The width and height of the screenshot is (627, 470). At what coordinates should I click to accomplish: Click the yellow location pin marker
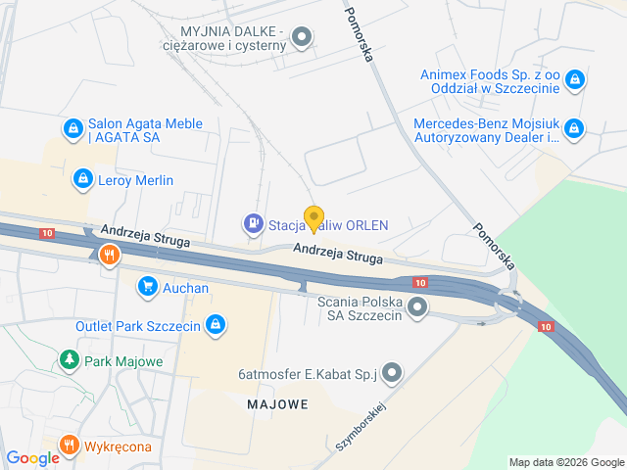[x=313, y=218]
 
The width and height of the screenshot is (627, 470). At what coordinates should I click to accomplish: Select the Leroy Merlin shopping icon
[x=82, y=179]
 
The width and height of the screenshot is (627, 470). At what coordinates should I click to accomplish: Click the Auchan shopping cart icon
[x=147, y=287]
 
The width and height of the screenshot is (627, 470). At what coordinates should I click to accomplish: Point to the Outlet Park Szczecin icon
[x=217, y=325]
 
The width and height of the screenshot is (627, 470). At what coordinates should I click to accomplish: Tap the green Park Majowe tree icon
[x=69, y=360]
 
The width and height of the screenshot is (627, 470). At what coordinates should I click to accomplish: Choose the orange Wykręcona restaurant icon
[x=69, y=446]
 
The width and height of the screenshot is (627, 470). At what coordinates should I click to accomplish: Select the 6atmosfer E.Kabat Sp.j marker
[x=393, y=372]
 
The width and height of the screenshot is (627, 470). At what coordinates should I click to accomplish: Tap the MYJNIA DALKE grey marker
[x=303, y=38]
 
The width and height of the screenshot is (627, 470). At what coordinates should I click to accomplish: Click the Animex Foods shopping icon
[x=574, y=79]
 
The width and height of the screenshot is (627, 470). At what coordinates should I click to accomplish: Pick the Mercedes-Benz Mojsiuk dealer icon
[x=574, y=128]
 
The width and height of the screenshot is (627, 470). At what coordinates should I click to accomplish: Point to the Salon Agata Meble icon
[x=72, y=128]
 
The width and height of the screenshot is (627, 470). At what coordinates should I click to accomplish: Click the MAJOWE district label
[x=277, y=403]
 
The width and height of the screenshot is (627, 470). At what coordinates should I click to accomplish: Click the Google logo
[x=32, y=457]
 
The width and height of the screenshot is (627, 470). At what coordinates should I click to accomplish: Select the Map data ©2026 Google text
[x=565, y=462]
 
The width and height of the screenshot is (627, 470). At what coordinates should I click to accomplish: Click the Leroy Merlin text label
[x=136, y=180]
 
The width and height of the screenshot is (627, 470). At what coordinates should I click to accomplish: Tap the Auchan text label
[x=186, y=288]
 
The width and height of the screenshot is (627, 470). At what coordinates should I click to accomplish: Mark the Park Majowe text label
[x=124, y=361]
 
